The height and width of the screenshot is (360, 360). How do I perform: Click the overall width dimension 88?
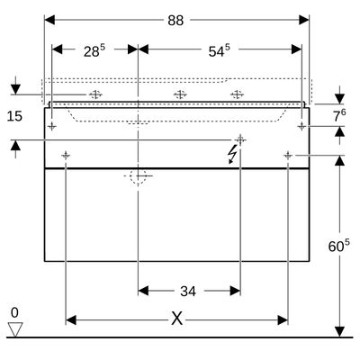coord(175,21)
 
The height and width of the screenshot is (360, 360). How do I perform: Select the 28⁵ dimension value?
coord(94,50)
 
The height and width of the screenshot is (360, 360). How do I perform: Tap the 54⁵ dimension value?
coord(220,50)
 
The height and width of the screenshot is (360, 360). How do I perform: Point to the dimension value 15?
coord(14,116)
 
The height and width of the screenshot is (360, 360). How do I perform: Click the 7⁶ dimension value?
coord(339,115)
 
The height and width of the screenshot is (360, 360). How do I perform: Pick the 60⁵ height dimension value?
coord(339,246)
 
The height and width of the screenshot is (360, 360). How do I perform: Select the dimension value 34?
coord(188,291)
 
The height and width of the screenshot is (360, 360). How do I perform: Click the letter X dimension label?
coord(176,319)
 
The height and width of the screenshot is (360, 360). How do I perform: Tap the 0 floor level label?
coord(14,313)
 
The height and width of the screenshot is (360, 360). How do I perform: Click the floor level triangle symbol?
coord(15,329)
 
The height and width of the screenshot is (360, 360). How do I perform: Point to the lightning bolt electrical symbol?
coord(232,154)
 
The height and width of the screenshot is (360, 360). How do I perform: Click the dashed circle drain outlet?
coord(138,175)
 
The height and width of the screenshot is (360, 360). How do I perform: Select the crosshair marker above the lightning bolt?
coord(240,139)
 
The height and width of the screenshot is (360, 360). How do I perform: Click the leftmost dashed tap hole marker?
coord(95,94)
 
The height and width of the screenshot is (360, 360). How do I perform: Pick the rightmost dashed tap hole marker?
coord(237,94)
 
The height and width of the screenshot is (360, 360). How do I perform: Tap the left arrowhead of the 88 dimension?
coord(49,20)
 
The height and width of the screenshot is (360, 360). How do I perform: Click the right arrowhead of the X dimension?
coord(283,320)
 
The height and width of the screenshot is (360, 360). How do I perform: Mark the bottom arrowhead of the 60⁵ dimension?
coord(339,331)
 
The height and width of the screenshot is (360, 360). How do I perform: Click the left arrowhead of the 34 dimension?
coord(143,291)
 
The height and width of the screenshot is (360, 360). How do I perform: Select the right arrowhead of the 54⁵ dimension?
coord(296,49)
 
